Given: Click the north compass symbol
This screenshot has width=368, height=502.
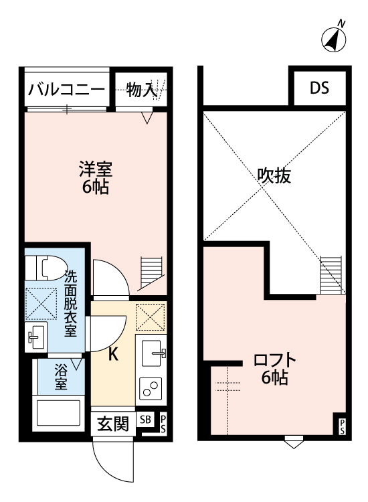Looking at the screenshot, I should click(x=333, y=40).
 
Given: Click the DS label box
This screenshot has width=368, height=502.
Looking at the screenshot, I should click(x=318, y=88).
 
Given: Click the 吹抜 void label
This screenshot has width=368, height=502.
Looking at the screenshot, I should click(x=274, y=176).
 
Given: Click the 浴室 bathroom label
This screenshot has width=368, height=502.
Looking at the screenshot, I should click(x=61, y=377).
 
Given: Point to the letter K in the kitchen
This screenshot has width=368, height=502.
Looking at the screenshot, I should click(x=114, y=355).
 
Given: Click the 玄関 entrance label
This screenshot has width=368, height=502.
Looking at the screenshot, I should click(x=113, y=424).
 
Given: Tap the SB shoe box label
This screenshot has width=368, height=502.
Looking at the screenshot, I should click(x=146, y=420).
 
